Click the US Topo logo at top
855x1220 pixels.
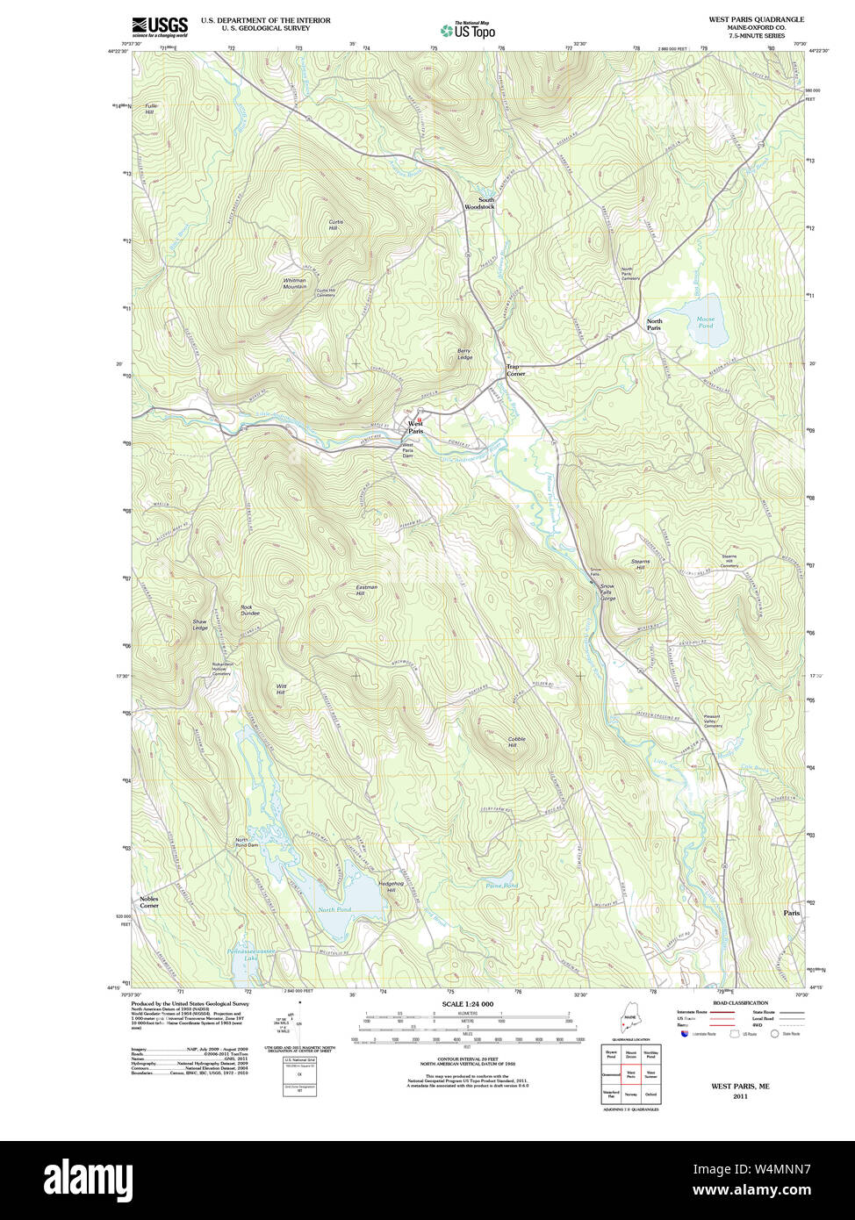[469, 31]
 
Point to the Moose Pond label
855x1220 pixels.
[705, 322]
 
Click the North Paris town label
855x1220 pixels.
[654, 325]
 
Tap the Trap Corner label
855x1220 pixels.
[515, 370]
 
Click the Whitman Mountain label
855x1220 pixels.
[295, 283]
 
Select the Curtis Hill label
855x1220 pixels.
[335, 225]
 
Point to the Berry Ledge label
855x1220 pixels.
[464, 355]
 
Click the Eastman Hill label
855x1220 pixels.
[366, 590]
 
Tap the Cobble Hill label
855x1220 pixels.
[517, 743]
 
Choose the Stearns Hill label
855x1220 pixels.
[639, 564]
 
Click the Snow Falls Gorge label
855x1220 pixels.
[607, 592]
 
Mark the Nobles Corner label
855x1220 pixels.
[149, 901]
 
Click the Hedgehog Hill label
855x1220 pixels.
[390, 886]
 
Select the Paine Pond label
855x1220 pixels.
[501, 886]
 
